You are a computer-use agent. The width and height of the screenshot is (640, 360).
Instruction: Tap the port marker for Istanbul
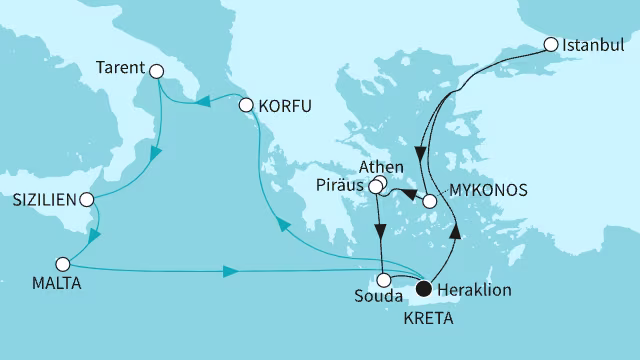click(551, 45)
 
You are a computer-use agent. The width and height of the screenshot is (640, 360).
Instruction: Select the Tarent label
click(123, 70)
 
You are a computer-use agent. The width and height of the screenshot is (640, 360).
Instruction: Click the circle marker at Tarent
click(155, 70)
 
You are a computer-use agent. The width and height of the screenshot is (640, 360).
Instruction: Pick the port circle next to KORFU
click(247, 104)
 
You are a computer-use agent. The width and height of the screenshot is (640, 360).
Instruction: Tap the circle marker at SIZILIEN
click(91, 199)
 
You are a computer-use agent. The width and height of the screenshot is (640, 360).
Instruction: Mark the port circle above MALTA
click(63, 265)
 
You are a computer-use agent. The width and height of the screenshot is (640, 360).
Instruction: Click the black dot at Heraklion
click(424, 289)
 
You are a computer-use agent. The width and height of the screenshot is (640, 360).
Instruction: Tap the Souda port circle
click(384, 280)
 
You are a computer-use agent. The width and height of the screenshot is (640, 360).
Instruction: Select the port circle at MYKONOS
click(430, 201)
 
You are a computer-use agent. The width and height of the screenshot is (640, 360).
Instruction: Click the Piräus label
click(340, 186)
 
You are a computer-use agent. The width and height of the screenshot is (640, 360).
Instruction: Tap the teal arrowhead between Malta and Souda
click(230, 270)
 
